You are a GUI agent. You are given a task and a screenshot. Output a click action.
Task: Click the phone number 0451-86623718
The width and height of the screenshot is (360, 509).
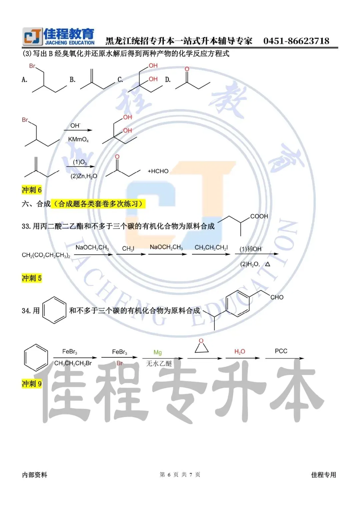point(296,41)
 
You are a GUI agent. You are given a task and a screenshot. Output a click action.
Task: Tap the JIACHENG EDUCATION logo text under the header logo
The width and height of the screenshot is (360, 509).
point(70,43)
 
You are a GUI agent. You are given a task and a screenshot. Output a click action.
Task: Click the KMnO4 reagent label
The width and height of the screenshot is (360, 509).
point(78,139)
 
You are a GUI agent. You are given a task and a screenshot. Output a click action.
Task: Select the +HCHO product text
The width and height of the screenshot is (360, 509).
point(158,171)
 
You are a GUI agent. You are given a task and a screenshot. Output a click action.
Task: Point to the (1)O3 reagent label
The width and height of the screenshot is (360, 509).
point(80,162)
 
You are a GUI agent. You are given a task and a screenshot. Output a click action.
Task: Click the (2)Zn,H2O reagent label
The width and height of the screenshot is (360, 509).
point(84,176)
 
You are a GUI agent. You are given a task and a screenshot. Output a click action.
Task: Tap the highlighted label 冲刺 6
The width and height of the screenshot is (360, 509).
point(32,190)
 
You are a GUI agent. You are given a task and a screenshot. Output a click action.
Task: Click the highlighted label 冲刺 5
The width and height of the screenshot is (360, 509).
point(32,278)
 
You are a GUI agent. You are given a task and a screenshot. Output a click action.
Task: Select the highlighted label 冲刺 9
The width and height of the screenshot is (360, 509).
point(32,384)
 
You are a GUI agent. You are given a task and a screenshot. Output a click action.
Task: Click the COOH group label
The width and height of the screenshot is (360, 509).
point(259,216)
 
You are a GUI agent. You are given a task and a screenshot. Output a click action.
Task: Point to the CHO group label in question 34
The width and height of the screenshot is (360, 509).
point(277,297)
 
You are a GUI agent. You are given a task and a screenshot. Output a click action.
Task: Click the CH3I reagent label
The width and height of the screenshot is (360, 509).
point(128,249)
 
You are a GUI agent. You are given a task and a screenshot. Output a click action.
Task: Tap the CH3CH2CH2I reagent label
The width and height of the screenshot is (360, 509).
point(211,247)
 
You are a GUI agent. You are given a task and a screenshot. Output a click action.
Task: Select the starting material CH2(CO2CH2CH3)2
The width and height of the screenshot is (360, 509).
point(46,255)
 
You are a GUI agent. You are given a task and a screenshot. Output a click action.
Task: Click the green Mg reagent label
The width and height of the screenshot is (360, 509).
point(158,352)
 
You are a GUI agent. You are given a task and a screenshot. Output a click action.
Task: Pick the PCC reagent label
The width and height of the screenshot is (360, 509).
point(281,351)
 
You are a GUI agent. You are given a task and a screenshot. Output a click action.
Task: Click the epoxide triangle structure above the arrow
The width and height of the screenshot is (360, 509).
point(202,347)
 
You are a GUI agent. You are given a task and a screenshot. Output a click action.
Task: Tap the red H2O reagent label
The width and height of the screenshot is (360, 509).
point(240,352)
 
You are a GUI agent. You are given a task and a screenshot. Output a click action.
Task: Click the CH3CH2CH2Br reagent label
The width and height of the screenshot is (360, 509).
point(73,363)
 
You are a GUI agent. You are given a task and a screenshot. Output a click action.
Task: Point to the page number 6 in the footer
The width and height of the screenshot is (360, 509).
point(169,475)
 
